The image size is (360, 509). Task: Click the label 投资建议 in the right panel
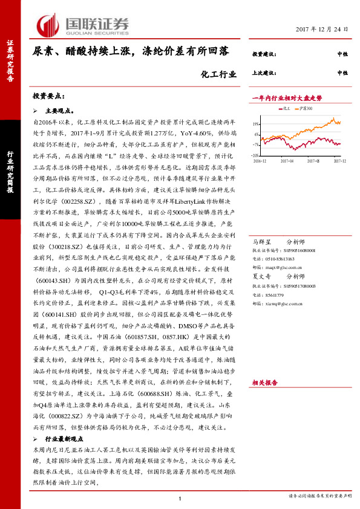(264, 54)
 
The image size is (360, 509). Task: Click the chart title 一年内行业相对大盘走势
(287, 98)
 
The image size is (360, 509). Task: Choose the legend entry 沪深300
(306, 108)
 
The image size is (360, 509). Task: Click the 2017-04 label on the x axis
(287, 161)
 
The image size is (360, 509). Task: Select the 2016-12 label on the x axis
(260, 161)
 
